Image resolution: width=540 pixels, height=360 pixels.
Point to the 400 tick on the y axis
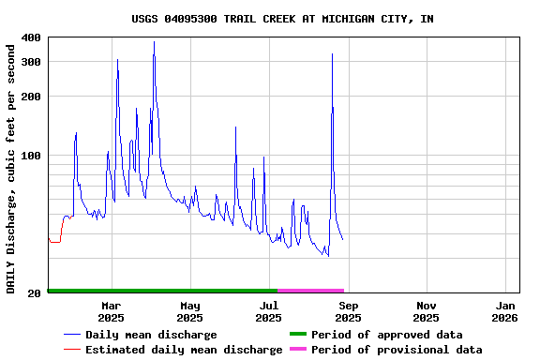tap(30, 37)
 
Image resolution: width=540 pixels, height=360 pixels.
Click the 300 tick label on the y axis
tap(30, 62)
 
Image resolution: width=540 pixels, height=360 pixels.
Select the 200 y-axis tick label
tap(30, 97)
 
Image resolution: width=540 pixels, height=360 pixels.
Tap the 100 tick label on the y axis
tap(30, 156)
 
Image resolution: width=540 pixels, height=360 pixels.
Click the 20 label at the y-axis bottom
tap(34, 293)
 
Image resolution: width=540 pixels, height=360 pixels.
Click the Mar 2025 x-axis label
tap(111, 311)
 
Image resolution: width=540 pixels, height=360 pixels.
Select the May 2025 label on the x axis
tap(189, 311)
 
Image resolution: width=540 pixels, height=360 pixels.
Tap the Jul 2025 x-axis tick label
tap(268, 311)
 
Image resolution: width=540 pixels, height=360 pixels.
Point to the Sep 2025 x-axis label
tap(348, 311)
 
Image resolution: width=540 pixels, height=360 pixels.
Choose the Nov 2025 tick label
tap(427, 311)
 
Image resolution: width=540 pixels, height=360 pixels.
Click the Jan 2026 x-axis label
tap(505, 311)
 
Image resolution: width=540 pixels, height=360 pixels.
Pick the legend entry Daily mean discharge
tap(151, 335)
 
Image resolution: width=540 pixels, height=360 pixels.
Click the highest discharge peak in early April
tap(154, 42)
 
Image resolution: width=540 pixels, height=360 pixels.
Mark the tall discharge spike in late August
tap(332, 54)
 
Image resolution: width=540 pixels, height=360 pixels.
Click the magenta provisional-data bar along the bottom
tap(311, 291)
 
